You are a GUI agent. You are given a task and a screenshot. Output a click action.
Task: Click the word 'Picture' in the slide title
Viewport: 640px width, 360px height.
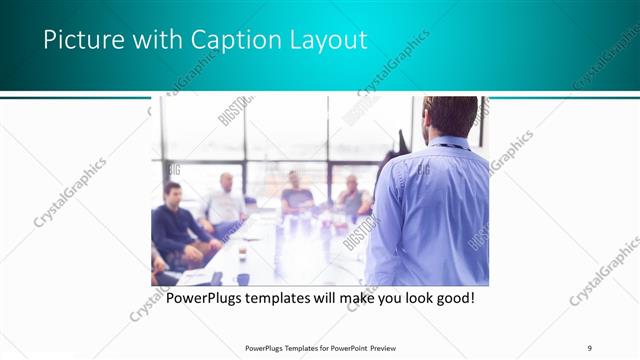click(x=81, y=41)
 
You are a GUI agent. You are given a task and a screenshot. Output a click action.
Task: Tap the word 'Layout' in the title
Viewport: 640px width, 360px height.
click(x=324, y=41)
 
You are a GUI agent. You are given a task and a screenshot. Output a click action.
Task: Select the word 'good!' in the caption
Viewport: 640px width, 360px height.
click(x=450, y=298)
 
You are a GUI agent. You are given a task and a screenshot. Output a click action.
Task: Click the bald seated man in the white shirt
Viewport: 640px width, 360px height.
click(x=224, y=205)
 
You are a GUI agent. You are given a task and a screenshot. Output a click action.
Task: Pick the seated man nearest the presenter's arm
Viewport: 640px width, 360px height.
click(x=352, y=198)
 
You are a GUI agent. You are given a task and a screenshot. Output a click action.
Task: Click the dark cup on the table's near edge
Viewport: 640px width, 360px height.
click(x=242, y=279)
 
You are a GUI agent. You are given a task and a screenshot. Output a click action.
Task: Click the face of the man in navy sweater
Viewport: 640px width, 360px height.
click(x=173, y=193)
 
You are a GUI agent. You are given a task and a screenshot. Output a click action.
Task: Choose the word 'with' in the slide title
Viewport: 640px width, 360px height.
click(x=153, y=41)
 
